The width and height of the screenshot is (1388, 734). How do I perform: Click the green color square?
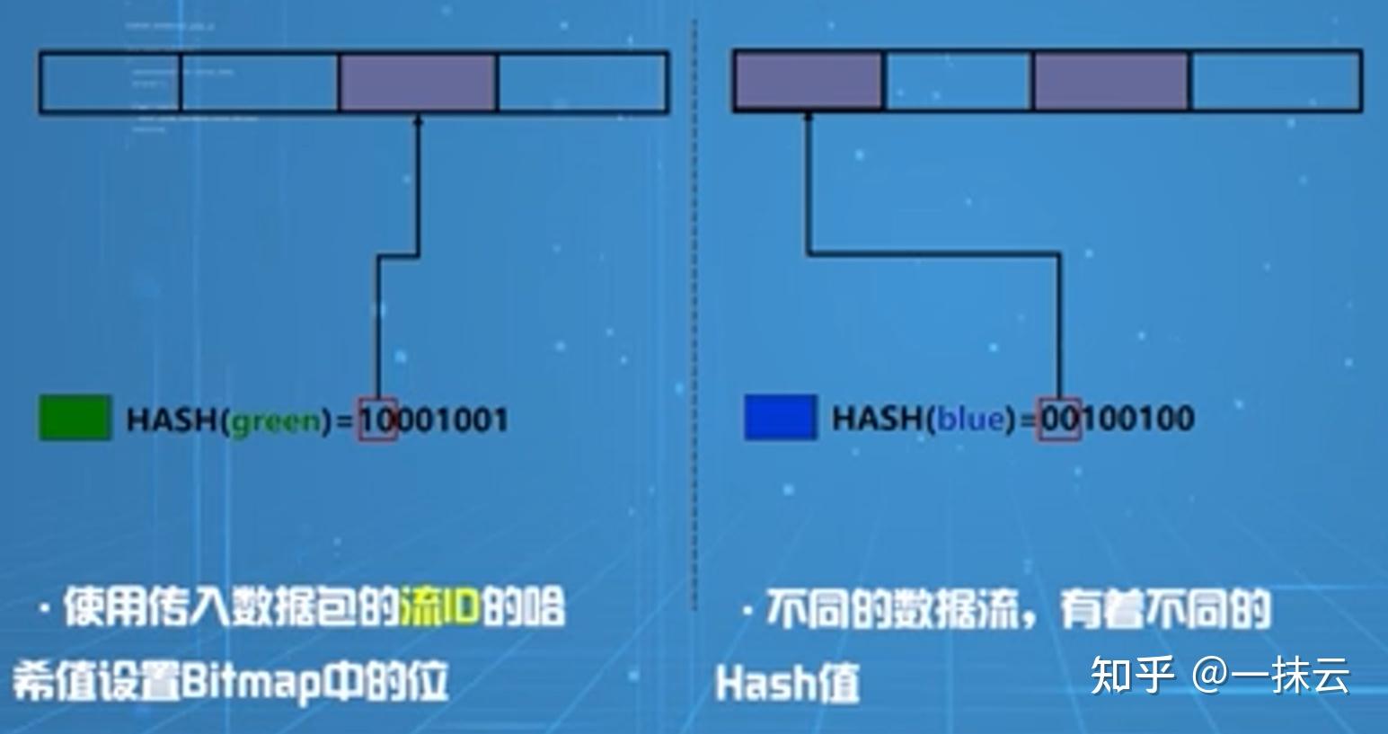pos(75,418)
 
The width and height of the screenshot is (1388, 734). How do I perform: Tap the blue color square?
pos(780,418)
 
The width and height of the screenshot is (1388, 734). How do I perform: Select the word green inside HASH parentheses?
pos(276,420)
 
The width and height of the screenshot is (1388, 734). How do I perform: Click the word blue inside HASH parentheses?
pos(970,419)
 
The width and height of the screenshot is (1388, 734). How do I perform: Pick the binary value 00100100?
pos(1117,419)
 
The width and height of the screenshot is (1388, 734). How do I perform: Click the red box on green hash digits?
pos(378,420)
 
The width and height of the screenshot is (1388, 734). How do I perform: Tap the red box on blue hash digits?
pos(1058,419)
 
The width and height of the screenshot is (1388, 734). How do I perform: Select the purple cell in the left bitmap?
pos(417,83)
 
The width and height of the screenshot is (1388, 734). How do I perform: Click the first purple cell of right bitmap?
pos(808,81)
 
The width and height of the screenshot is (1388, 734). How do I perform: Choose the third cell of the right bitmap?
pos(1110,81)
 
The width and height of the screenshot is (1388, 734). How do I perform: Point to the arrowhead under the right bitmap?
pos(809,118)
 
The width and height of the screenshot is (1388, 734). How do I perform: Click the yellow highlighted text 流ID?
pos(439,608)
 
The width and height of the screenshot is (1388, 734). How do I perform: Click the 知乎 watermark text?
pos(1132,675)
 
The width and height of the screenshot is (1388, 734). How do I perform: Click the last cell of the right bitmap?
pos(1276,81)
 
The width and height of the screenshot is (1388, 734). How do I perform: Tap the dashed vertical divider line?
pos(694,314)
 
